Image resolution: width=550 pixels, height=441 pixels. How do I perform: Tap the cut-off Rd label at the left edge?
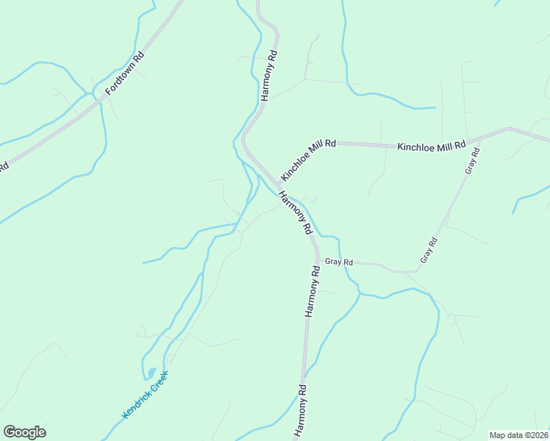pyautogui.click(x=3, y=167)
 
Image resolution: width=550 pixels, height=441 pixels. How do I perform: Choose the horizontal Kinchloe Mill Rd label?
pyautogui.click(x=432, y=146)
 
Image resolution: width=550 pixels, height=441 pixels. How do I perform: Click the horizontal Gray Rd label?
pyautogui.click(x=340, y=262)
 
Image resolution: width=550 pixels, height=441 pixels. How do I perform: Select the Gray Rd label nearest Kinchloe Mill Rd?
pyautogui.click(x=471, y=161)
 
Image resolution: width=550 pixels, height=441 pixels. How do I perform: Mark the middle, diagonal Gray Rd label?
pyautogui.click(x=429, y=250)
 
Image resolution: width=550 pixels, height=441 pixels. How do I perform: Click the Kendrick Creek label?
pyautogui.click(x=145, y=395)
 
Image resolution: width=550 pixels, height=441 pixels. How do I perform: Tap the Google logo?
pyautogui.click(x=24, y=432)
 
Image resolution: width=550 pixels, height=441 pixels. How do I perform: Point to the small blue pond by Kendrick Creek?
pyautogui.click(x=151, y=373)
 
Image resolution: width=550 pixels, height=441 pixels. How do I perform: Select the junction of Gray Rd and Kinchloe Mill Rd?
pyautogui.click(x=478, y=137)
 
